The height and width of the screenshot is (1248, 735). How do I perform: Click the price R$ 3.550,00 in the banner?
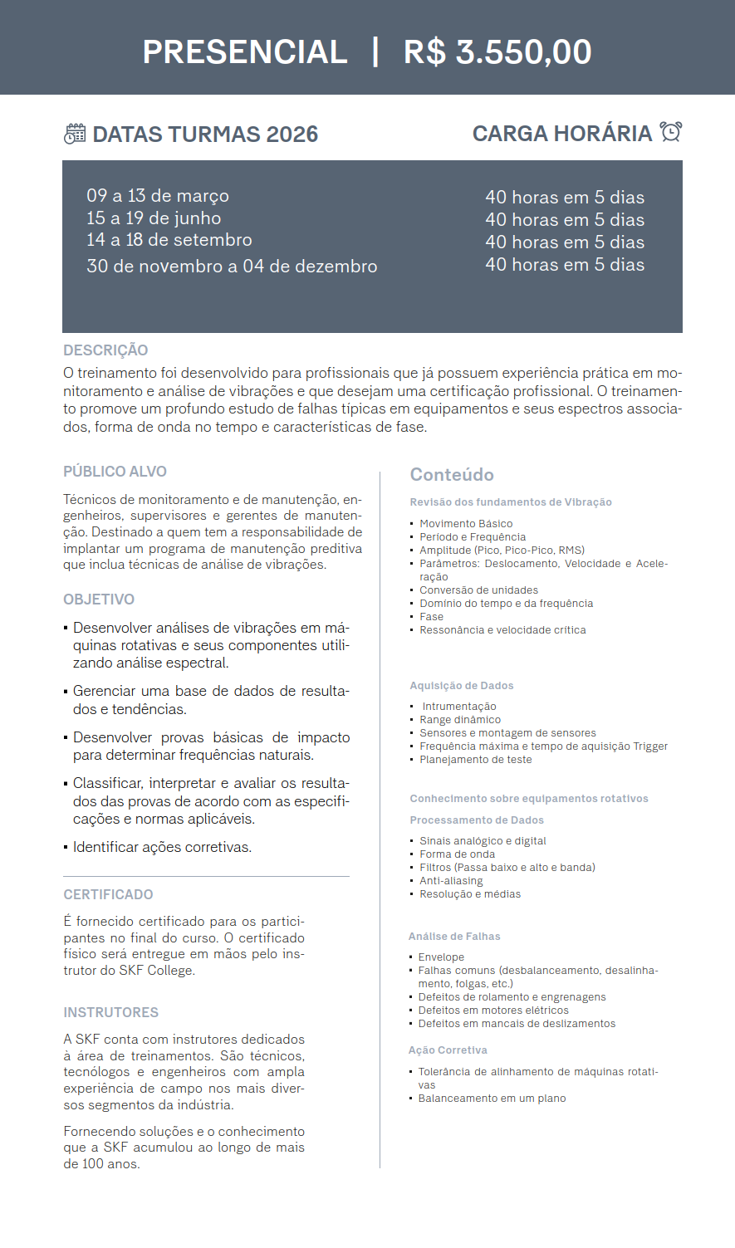pos(497,52)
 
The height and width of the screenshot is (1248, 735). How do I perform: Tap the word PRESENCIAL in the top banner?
pos(245,52)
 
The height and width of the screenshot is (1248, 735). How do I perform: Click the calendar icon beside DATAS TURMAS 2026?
pos(75,134)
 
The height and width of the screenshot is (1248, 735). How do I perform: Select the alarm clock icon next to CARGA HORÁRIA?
pos(671,132)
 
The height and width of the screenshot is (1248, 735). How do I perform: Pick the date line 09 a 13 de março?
pos(158,196)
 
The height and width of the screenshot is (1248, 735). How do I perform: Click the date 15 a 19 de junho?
pos(154,218)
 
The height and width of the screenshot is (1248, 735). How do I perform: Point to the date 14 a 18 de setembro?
pos(169,240)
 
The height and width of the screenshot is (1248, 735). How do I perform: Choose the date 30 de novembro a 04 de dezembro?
pos(232,267)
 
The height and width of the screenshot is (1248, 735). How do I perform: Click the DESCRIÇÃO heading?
pos(105,350)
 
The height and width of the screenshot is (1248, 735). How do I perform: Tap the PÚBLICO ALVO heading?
pos(115,472)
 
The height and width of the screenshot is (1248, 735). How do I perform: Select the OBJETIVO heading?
pos(99,600)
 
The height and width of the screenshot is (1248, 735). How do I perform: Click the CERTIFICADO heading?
pos(108,894)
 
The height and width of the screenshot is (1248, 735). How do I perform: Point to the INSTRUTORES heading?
pos(110,1012)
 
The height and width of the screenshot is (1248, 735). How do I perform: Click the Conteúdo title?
pos(452,475)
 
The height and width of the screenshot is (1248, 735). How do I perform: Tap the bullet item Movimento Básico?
pos(466,524)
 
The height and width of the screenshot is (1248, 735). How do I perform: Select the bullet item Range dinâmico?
pos(460,720)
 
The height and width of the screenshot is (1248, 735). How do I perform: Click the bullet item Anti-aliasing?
pos(451,881)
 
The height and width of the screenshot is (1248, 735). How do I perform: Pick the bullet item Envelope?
pos(441,957)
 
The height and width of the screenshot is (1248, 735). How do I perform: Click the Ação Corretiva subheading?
pos(448,1050)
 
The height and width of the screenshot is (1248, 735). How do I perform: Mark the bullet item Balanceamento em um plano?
pos(492,1099)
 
